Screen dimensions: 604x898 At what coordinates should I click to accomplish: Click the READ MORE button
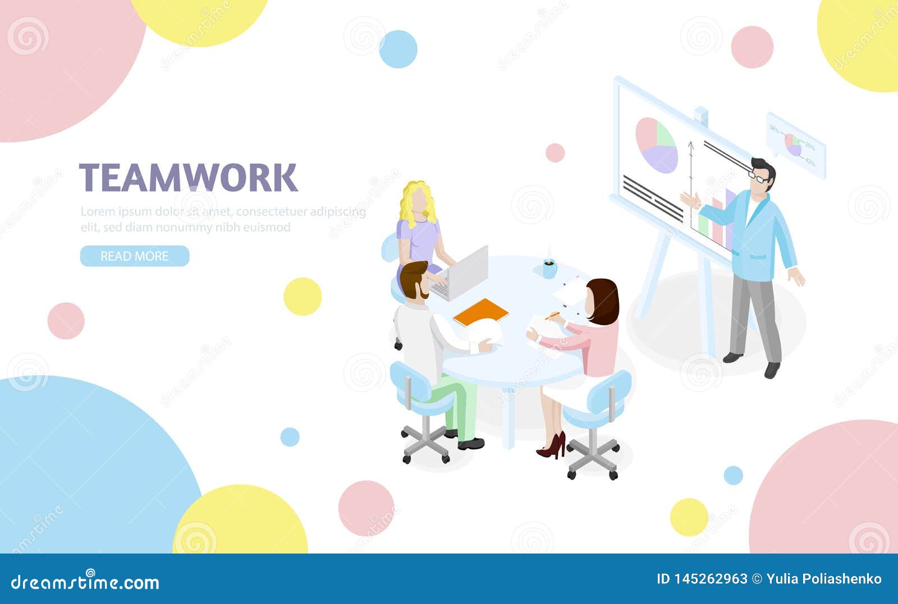click(135, 256)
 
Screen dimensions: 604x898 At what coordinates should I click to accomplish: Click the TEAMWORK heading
click(188, 178)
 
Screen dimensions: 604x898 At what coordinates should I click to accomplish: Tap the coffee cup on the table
click(549, 268)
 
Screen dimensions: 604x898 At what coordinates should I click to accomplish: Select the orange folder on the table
click(481, 312)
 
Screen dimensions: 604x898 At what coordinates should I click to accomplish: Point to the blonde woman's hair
click(417, 202)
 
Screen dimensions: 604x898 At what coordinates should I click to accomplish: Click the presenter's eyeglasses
click(759, 177)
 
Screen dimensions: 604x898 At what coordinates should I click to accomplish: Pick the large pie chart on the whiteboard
click(656, 145)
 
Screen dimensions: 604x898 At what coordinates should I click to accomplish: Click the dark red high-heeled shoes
click(552, 446)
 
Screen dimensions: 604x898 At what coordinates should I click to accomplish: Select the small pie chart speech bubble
click(795, 145)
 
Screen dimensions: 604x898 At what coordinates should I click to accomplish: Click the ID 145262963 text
click(702, 579)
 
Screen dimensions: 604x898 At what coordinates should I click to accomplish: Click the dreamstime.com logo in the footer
click(85, 582)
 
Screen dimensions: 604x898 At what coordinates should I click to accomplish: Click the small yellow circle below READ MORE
click(303, 296)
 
